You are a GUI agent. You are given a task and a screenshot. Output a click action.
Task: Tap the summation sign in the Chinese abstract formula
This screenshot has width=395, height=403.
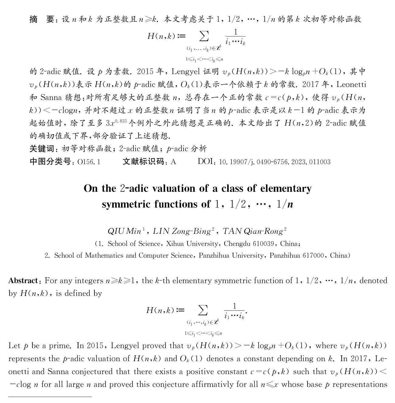[x=204, y=36]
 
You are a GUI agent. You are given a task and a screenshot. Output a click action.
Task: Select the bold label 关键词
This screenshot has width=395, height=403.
[x=41, y=148]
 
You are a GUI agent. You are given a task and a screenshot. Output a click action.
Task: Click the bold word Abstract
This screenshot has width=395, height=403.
[x=23, y=280]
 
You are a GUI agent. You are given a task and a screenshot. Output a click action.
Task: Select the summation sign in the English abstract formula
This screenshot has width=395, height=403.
[x=203, y=311]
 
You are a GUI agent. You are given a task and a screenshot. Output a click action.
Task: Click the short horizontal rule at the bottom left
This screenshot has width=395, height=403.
[x=50, y=397]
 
